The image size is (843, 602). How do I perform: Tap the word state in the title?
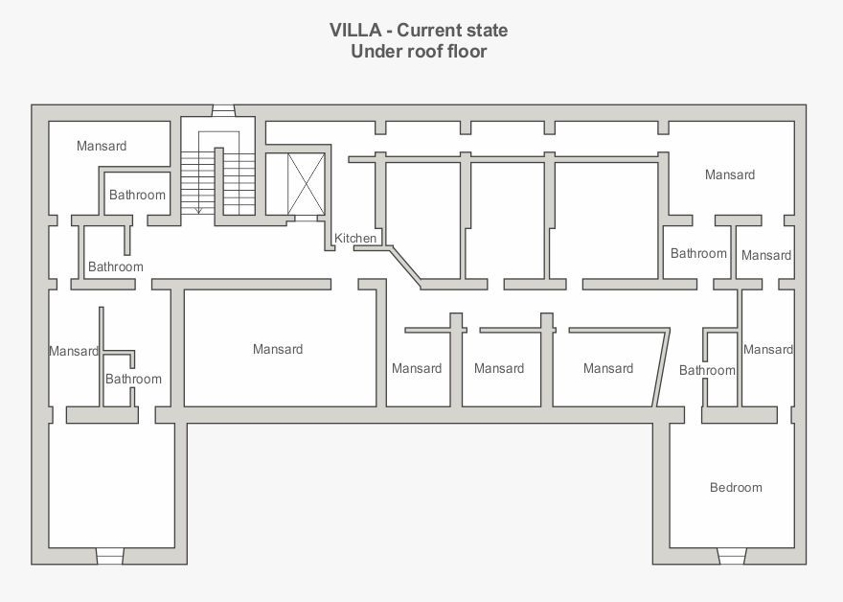[x=487, y=30]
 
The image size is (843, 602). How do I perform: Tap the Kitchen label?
[x=355, y=238]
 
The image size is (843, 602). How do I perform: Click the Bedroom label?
[x=736, y=487]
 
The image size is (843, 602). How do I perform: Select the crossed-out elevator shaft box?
[x=307, y=184]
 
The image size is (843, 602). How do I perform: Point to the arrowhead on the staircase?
[x=198, y=210]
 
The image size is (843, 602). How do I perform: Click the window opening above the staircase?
[x=223, y=110]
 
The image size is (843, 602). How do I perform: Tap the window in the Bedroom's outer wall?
[x=732, y=556]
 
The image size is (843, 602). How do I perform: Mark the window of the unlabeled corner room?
[x=110, y=556]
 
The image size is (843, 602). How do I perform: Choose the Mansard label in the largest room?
[x=278, y=349]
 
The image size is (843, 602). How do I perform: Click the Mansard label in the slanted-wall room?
[x=608, y=368]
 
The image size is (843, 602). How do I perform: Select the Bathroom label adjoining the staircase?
[x=137, y=195]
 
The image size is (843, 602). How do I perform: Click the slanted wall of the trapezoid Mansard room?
[x=661, y=367]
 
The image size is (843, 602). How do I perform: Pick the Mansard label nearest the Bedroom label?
[x=768, y=350]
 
